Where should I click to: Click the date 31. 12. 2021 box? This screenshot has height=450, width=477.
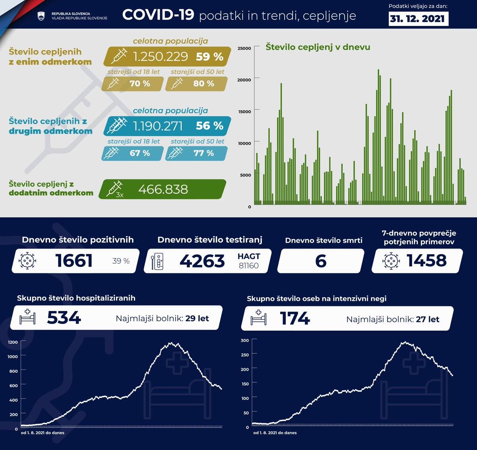(418, 19)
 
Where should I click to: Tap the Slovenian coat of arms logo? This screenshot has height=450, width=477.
(41, 16)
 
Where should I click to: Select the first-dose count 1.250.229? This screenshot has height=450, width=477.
(160, 56)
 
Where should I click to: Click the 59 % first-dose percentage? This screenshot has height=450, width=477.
(209, 56)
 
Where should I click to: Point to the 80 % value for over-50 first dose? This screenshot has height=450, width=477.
(204, 84)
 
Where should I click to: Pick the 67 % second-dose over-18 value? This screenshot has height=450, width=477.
(140, 153)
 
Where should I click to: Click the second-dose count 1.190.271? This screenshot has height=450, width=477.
(158, 126)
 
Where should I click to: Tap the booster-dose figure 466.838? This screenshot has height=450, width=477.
(163, 189)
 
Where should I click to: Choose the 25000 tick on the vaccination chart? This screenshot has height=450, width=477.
(244, 48)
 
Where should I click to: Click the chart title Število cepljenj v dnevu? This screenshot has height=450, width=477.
(318, 47)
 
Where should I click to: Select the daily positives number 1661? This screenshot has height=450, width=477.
(74, 261)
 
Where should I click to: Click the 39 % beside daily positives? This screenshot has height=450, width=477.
(121, 261)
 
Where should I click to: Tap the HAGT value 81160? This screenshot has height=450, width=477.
(248, 265)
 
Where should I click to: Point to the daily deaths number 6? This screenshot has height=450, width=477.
(320, 261)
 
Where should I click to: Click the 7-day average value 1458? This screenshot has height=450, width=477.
(427, 261)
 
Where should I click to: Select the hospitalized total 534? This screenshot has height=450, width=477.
(64, 318)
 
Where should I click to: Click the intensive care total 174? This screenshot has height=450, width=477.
(295, 318)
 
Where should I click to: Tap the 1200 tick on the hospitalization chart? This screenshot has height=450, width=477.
(13, 342)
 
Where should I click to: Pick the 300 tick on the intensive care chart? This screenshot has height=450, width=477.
(245, 340)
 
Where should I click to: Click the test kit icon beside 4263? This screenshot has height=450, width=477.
(158, 261)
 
